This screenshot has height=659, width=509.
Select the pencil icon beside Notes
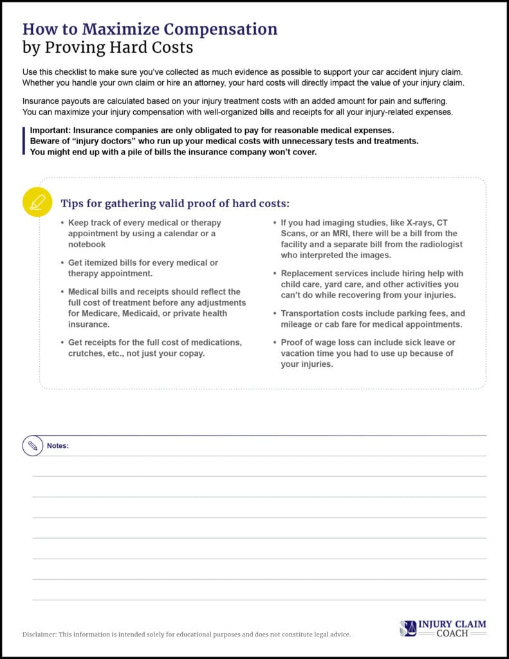pyautogui.click(x=33, y=445)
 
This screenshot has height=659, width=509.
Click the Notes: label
pyautogui.click(x=58, y=445)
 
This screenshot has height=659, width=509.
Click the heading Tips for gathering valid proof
pyautogui.click(x=175, y=203)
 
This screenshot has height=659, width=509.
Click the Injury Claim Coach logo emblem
pyautogui.click(x=407, y=629)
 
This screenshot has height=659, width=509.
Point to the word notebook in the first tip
pyautogui.click(x=87, y=245)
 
